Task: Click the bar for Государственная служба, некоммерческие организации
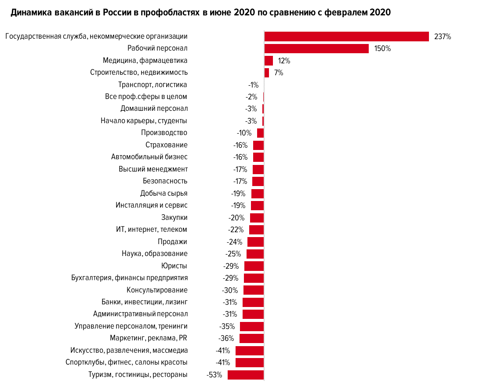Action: click(346, 37)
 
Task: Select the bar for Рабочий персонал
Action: click(316, 48)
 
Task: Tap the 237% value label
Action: click(443, 37)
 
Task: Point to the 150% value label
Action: click(382, 49)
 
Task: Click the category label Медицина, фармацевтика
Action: click(145, 61)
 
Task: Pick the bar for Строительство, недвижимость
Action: click(267, 73)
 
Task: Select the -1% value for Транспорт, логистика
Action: click(253, 85)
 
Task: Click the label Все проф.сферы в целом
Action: click(146, 97)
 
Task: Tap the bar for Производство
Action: click(261, 133)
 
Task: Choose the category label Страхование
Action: click(167, 145)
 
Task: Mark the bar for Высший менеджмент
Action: click(258, 169)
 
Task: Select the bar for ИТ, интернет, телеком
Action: click(257, 230)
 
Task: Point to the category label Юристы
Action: click(174, 266)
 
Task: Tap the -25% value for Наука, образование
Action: click(234, 254)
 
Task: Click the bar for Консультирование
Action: click(254, 290)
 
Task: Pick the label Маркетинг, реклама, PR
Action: click(149, 338)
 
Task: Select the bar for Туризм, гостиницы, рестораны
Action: click(246, 375)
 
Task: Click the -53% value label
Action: click(214, 375)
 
